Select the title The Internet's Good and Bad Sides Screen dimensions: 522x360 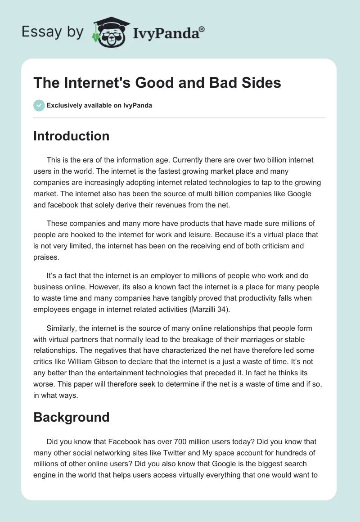click(157, 82)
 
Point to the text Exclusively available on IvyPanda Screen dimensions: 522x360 click(99, 106)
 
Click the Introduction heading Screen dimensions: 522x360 click(71, 136)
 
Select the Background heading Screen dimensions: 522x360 click(71, 417)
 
